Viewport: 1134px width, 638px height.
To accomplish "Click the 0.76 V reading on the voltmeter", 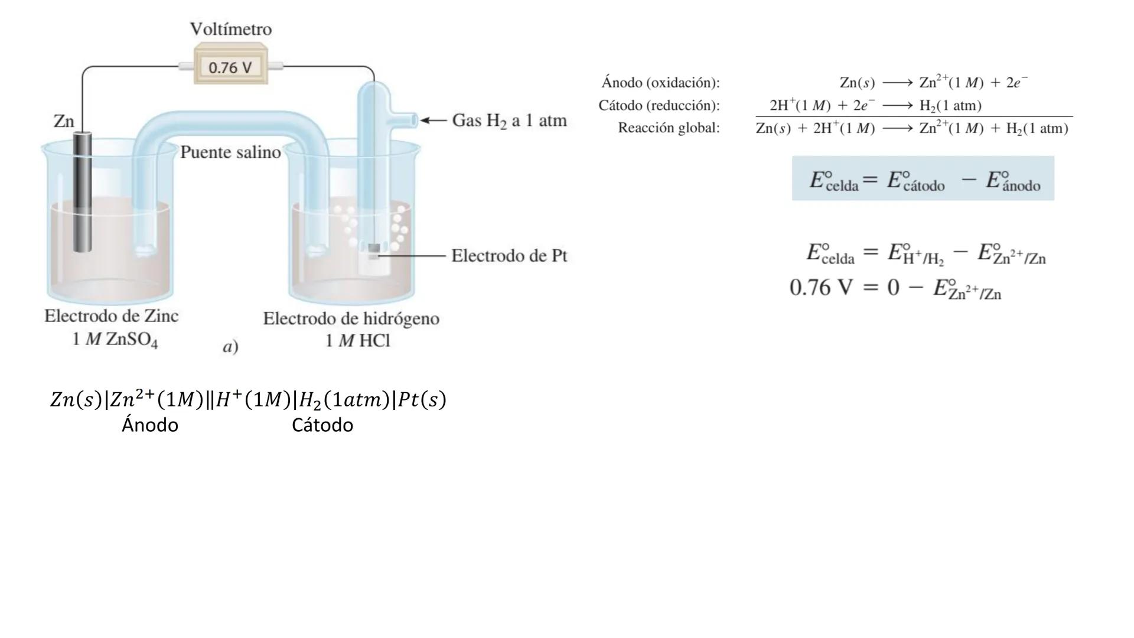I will pyautogui.click(x=230, y=67).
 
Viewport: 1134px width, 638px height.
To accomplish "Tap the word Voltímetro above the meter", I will pyautogui.click(x=231, y=29).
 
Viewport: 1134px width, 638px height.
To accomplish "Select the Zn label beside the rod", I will pyautogui.click(x=64, y=121).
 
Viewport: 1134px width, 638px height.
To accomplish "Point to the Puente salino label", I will pyautogui.click(x=230, y=152).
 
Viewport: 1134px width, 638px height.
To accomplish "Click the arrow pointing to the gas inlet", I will pyautogui.click(x=434, y=121).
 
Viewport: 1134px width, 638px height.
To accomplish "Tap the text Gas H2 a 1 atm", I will pyautogui.click(x=509, y=121).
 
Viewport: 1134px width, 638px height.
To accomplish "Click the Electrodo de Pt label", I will pyautogui.click(x=509, y=256).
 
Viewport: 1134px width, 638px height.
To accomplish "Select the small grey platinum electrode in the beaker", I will pyautogui.click(x=374, y=248).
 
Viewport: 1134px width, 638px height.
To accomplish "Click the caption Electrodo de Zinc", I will pyautogui.click(x=112, y=316).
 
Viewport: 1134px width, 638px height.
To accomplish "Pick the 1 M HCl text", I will pyautogui.click(x=357, y=341).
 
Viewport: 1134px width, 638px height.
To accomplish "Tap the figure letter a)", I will pyautogui.click(x=230, y=347).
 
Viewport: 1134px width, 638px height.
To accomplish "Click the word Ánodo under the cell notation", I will pyautogui.click(x=150, y=425).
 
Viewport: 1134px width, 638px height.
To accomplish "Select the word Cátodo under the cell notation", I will pyautogui.click(x=322, y=425).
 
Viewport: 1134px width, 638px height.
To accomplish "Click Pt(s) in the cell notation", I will pyautogui.click(x=422, y=400).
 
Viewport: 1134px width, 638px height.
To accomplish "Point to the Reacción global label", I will pyautogui.click(x=669, y=128).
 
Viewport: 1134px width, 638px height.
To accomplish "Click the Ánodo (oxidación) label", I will pyautogui.click(x=660, y=83).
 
